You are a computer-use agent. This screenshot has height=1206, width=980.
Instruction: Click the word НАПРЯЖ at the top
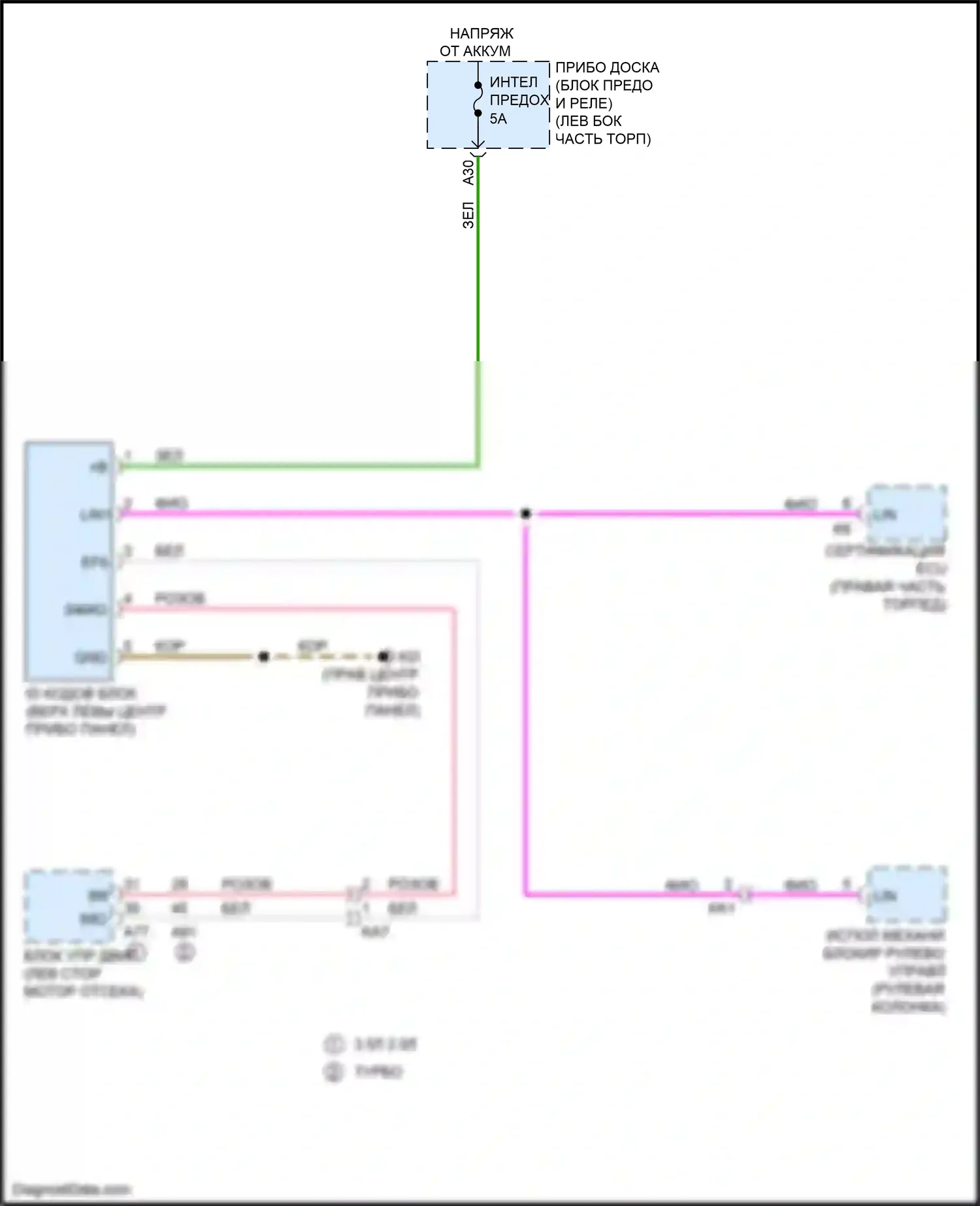(x=482, y=33)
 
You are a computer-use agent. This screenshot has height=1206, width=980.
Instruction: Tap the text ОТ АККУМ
(x=475, y=51)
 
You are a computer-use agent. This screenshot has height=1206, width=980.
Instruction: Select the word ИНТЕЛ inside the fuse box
(x=514, y=82)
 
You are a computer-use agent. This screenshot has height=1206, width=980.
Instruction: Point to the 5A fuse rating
(x=498, y=119)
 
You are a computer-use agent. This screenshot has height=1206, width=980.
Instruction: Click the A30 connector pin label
(x=468, y=172)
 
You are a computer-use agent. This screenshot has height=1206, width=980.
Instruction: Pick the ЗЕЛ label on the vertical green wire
(x=468, y=215)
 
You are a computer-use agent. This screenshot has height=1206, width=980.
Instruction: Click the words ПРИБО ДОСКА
(x=607, y=68)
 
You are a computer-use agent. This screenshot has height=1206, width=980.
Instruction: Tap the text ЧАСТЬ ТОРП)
(x=602, y=139)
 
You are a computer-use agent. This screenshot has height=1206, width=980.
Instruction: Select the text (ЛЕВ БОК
(x=588, y=122)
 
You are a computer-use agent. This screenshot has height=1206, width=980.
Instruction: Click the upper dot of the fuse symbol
(x=478, y=85)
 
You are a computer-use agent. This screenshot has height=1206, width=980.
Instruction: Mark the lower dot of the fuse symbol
(x=478, y=113)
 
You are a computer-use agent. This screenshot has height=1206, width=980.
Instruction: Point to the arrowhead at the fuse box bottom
(x=478, y=144)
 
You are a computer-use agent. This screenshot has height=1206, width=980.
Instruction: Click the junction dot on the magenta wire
(x=525, y=513)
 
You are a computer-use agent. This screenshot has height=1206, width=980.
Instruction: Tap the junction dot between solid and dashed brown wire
(x=263, y=657)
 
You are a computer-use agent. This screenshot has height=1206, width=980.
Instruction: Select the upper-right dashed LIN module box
(x=906, y=513)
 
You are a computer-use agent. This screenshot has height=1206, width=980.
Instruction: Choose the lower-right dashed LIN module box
(x=906, y=895)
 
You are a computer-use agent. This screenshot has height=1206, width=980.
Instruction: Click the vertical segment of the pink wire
(x=454, y=751)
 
